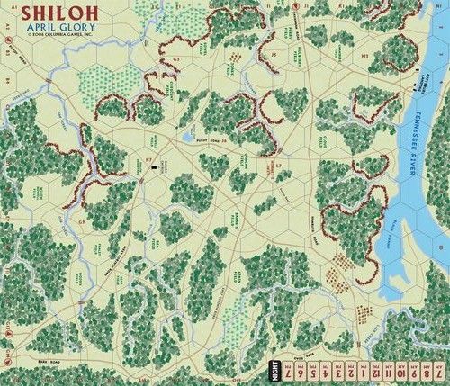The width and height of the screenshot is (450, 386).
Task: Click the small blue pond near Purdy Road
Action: (187, 139)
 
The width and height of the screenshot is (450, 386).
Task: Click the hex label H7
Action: (149, 159)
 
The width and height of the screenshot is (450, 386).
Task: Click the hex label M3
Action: (364, 54)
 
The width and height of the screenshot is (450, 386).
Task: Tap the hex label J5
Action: (273, 55)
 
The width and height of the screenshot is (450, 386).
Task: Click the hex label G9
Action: (80, 221)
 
